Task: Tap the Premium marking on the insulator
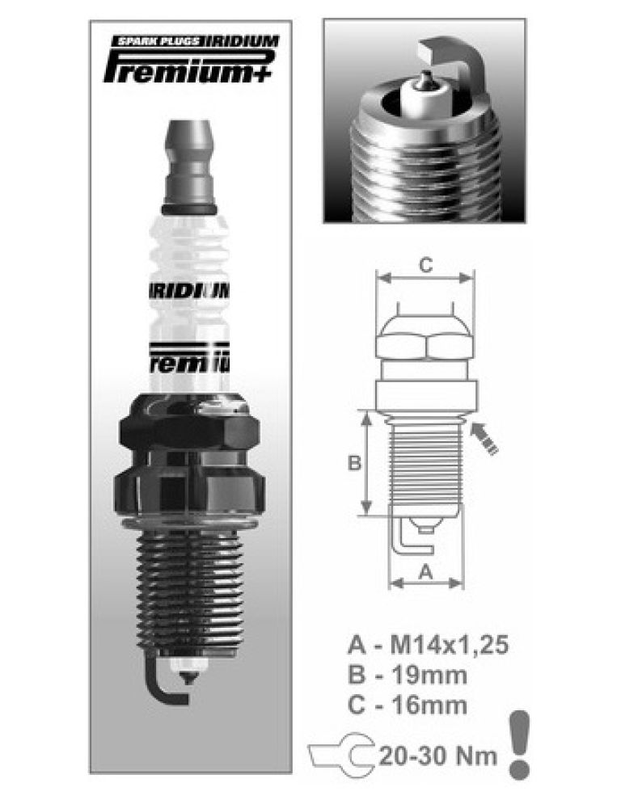point(188,355)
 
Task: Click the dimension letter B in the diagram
point(353,463)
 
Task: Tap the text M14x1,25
point(450,644)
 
